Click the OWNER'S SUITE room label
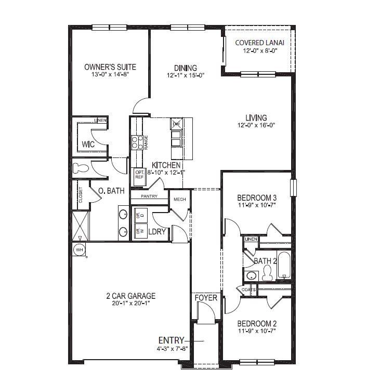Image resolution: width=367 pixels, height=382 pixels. pos(110,67)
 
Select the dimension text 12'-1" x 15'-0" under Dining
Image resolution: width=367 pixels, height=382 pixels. pos(186,75)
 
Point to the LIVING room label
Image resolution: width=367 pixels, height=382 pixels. pos(256,117)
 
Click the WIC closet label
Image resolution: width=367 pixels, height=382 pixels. pos(88,144)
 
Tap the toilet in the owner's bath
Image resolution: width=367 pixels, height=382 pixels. pos(81,168)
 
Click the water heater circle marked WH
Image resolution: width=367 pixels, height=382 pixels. pos(80,250)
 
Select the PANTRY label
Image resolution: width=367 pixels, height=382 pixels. pos(149,196)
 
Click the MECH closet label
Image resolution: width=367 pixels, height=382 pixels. pos(180,199)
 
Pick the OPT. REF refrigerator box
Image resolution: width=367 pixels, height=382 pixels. pos(139,175)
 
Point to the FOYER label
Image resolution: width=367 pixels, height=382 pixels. pos(206,298)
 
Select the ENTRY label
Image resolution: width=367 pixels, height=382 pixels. pos(171,340)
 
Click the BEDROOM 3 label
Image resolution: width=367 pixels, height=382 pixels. pos(256,197)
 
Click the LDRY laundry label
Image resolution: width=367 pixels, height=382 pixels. pos(157,232)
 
